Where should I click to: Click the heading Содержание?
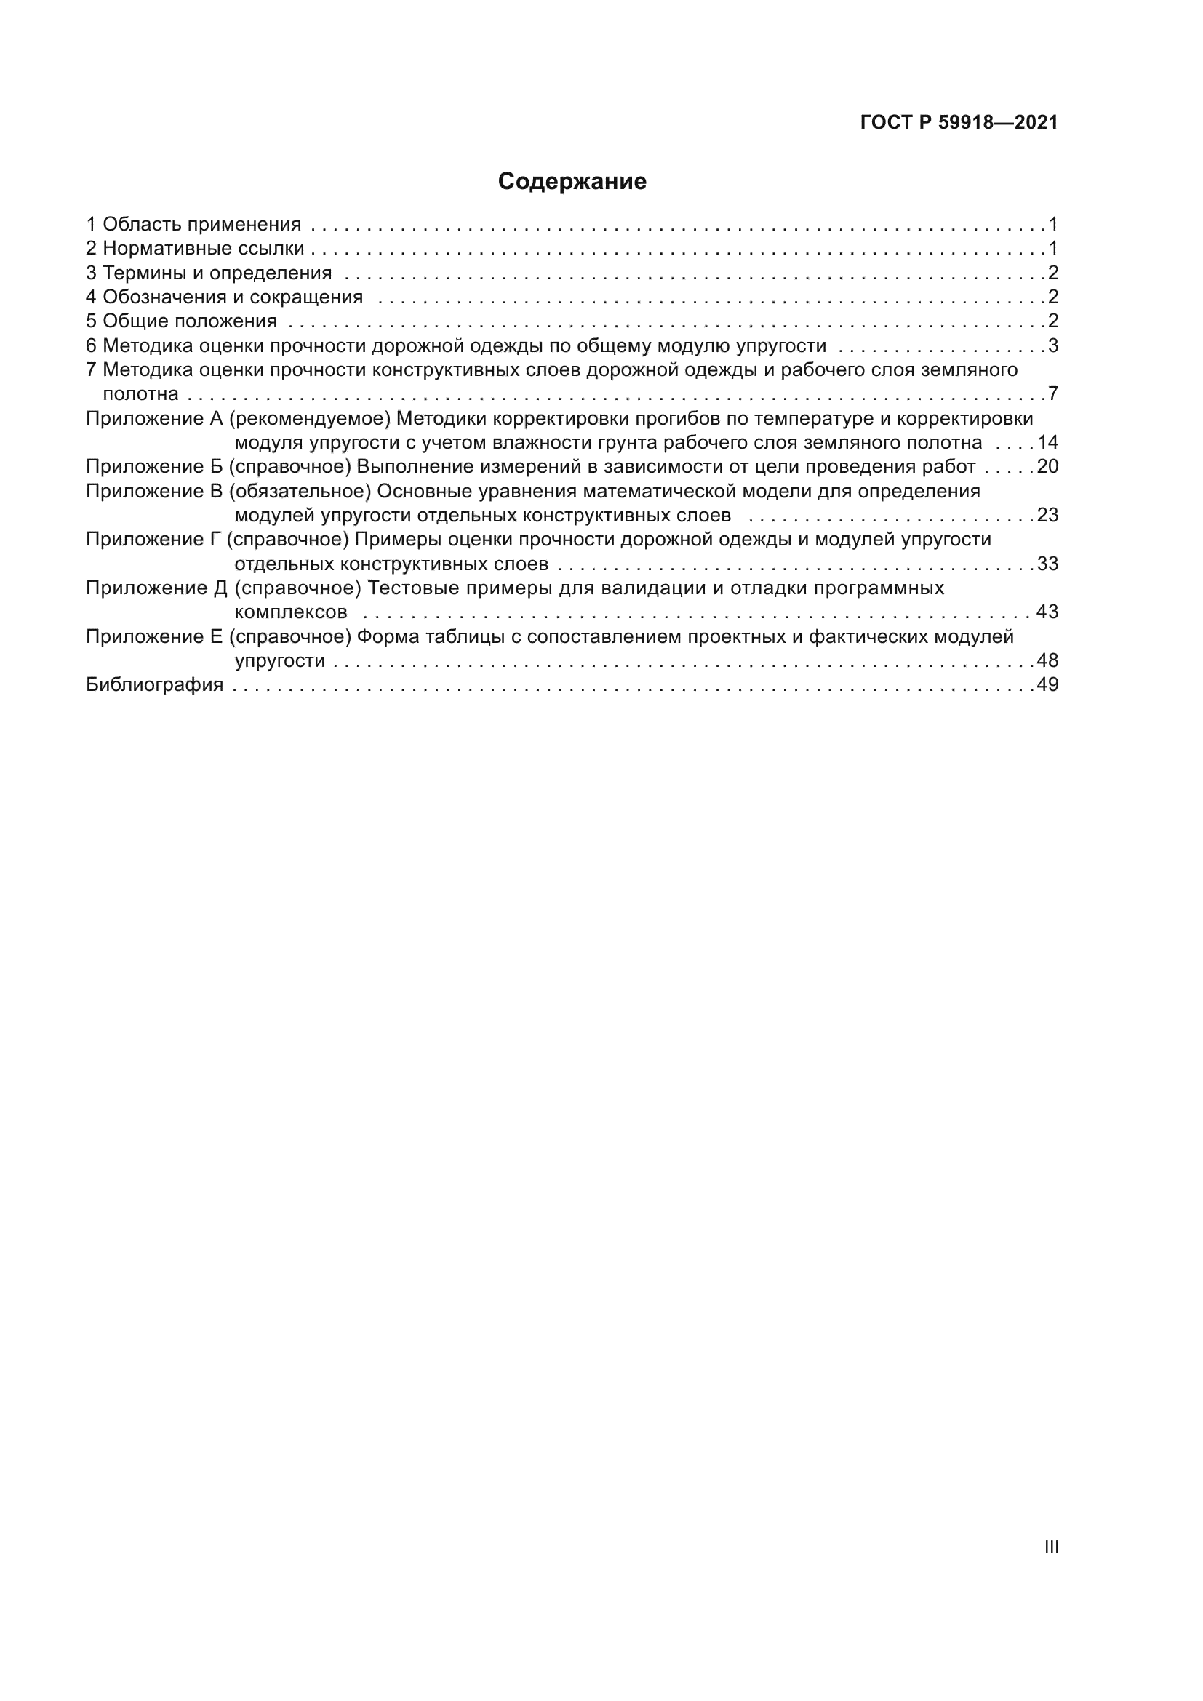[572, 182]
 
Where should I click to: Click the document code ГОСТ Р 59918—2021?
[959, 123]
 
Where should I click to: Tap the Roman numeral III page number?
[1051, 1547]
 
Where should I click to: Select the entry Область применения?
[201, 224]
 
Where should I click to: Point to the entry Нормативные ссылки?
[203, 248]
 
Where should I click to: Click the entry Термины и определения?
[216, 273]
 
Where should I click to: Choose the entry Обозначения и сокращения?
[232, 297]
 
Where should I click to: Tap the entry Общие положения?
[189, 321]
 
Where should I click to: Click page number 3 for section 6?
[1052, 345]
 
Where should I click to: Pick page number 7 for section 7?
[1052, 393]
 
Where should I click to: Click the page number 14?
[1047, 442]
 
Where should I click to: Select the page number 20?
[1047, 466]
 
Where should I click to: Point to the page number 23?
[1047, 515]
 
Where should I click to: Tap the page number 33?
[1047, 564]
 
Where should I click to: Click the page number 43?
[1047, 612]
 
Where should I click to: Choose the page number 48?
[1047, 660]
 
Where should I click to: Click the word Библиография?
[154, 684]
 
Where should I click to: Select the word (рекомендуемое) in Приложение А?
[310, 419]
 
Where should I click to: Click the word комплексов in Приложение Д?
[290, 612]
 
